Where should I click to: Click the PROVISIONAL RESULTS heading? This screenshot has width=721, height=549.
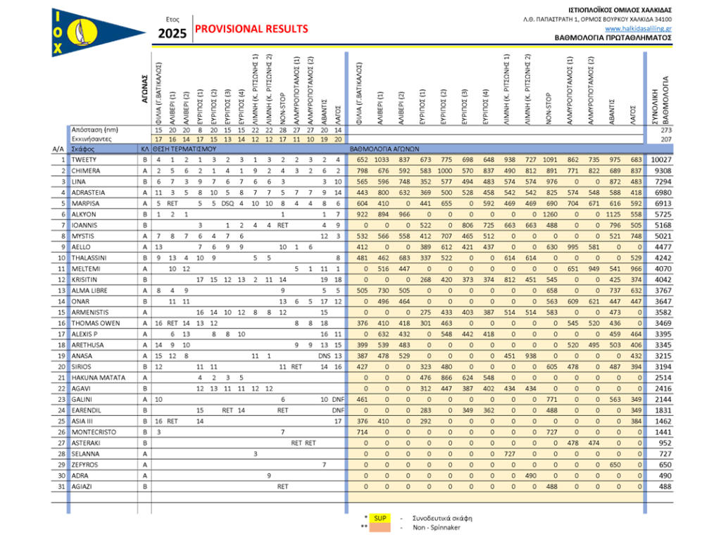[x=251, y=29]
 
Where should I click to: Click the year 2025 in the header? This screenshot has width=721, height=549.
[x=171, y=32]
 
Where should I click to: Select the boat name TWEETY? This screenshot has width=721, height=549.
[x=84, y=160]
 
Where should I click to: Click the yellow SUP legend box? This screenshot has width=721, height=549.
[x=380, y=518]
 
